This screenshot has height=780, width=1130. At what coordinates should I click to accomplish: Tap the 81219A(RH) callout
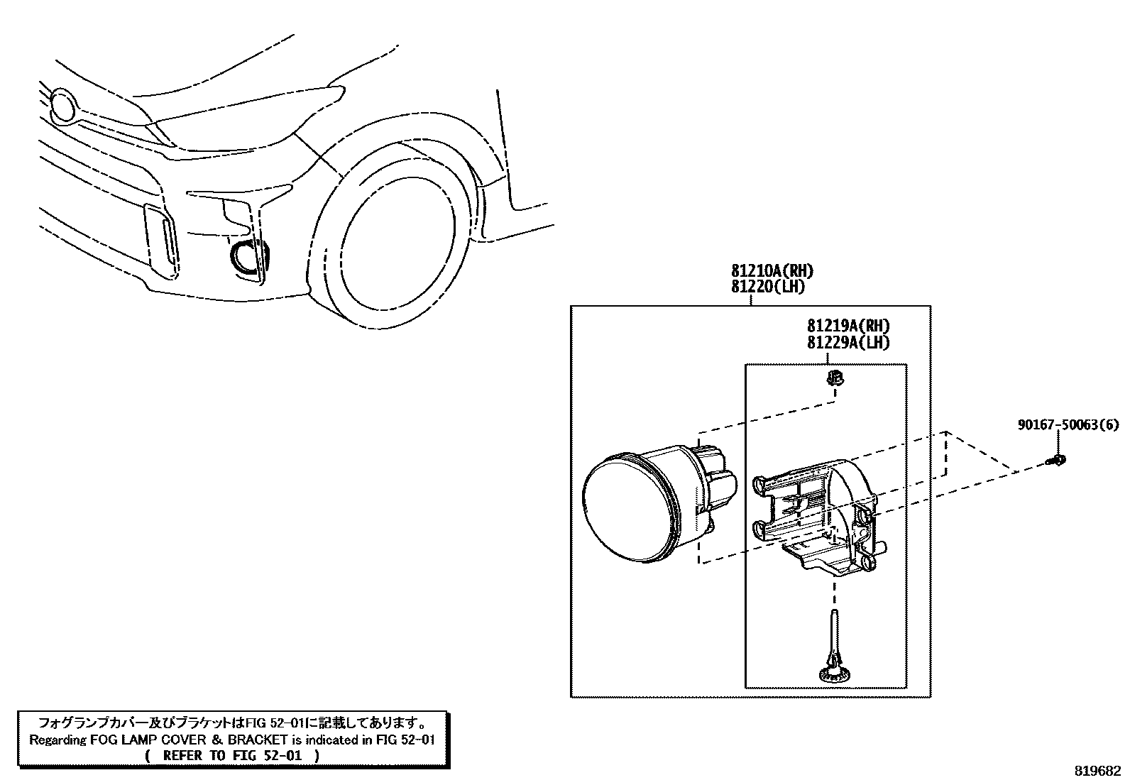click(x=848, y=326)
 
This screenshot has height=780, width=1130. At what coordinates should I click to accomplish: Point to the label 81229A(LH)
click(x=848, y=342)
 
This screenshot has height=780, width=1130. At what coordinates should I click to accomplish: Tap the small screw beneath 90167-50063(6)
click(x=1058, y=461)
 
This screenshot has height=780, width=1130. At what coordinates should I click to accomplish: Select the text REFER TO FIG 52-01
click(x=232, y=755)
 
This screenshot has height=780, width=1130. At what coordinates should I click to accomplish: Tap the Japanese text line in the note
click(x=232, y=724)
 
